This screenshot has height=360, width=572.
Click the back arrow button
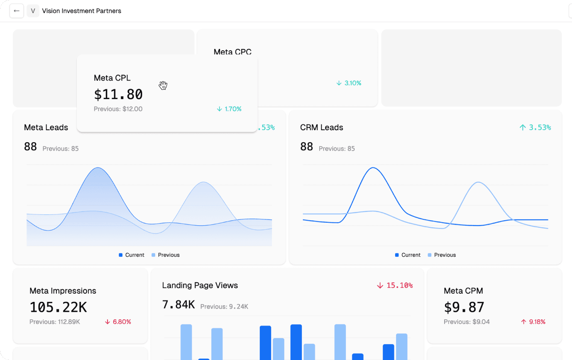(17, 11)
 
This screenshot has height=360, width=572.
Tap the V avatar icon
(33, 11)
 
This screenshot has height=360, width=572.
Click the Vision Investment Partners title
(82, 11)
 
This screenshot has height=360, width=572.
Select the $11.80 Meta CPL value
(118, 94)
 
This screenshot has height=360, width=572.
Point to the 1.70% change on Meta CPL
(229, 109)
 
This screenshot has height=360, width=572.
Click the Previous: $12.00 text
(118, 109)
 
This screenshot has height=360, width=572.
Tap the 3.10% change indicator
(349, 83)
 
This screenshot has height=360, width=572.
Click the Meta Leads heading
(46, 127)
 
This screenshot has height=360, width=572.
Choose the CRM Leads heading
(322, 127)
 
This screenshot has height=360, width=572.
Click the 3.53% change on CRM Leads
(535, 127)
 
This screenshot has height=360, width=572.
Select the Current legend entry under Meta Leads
(132, 255)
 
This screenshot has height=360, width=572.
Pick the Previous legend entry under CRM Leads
(442, 255)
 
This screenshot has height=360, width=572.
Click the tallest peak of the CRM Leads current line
(374, 168)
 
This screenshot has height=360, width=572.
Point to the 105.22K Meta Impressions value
(58, 307)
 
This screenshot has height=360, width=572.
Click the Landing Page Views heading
(200, 285)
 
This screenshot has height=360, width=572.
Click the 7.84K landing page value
(178, 304)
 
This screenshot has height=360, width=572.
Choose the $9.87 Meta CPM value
(464, 307)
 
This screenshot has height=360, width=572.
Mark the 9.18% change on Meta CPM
(533, 322)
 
